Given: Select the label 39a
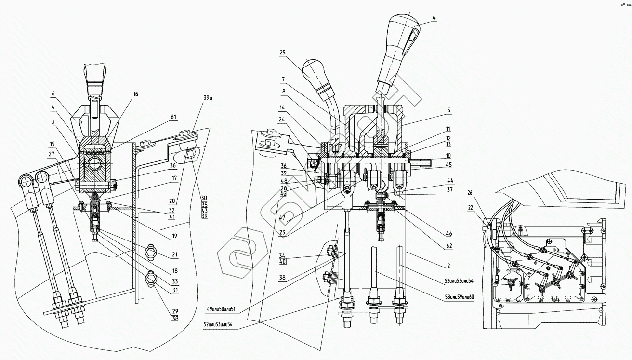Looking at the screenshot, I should pyautogui.click(x=208, y=98).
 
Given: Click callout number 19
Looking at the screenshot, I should pyautogui.click(x=174, y=236).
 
